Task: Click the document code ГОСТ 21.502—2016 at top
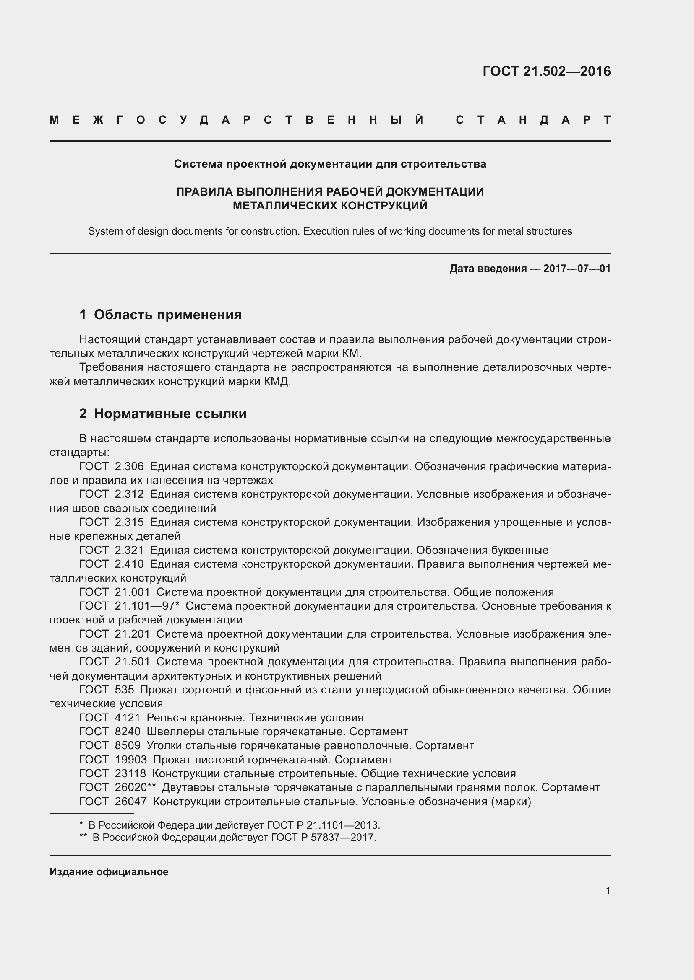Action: (546, 71)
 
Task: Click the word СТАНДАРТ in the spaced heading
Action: (533, 120)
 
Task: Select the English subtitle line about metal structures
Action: (330, 231)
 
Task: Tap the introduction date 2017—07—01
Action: (577, 269)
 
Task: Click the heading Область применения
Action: (167, 315)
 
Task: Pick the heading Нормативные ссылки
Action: (170, 414)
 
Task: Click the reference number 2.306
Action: (129, 466)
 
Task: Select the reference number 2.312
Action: (129, 494)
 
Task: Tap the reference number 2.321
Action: (129, 550)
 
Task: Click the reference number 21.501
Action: (133, 662)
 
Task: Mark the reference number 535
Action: (124, 690)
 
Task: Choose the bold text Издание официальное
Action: (109, 872)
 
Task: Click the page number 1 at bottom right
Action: (608, 890)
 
